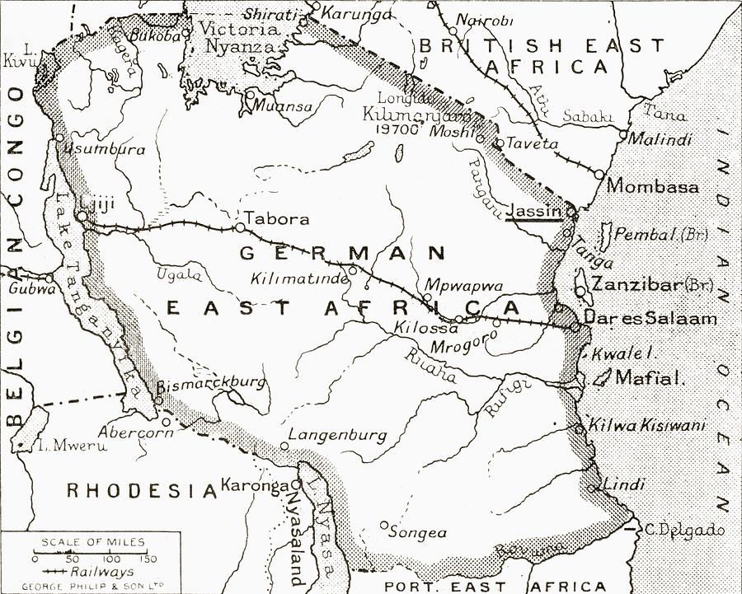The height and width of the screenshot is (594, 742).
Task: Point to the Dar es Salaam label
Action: coord(650,318)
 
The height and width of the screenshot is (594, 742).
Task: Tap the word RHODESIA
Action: coord(141,491)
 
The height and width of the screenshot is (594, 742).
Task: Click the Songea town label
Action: coord(423,533)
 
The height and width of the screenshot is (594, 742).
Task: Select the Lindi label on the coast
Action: coord(624,484)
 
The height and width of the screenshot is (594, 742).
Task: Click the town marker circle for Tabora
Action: coord(239,227)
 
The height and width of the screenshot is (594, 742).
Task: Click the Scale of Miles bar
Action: coord(90,554)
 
